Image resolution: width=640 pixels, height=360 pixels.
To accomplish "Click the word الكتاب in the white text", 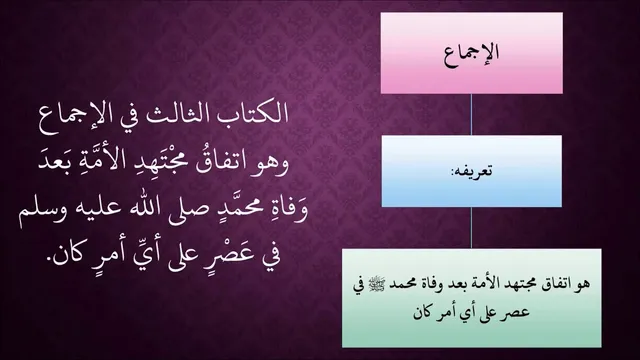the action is click(256, 113).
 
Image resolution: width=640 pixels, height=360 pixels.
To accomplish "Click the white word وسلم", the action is click(37, 214).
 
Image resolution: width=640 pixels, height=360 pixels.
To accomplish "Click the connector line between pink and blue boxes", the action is click(471, 115).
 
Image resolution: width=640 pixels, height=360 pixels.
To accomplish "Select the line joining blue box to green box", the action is click(471, 228).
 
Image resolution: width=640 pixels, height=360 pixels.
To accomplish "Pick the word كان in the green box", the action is click(423, 312).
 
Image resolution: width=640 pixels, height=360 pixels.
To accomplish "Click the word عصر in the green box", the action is click(518, 313).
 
